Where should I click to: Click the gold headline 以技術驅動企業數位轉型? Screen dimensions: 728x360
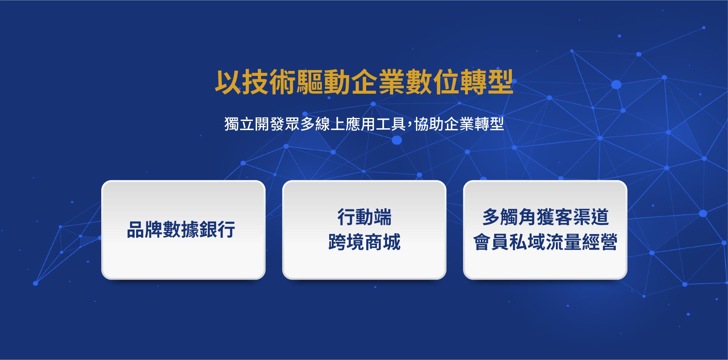364,82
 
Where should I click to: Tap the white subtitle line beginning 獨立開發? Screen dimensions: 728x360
364,124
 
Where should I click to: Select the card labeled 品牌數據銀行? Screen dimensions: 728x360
183,230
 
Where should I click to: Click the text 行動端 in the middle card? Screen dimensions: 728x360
364,217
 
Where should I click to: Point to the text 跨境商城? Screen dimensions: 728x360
364,242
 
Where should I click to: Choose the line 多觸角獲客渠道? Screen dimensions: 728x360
545,217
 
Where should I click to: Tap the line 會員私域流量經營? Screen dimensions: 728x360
545,242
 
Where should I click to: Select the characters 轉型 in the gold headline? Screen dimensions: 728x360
487,82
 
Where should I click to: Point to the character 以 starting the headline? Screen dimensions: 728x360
228,82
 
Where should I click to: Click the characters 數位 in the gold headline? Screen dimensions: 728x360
432,82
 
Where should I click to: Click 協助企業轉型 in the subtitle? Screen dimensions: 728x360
459,124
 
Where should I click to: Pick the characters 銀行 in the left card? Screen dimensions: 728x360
217,230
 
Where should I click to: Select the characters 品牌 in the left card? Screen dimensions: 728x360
145,230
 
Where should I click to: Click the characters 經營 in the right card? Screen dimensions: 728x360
600,242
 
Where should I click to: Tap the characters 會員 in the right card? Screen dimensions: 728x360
491,242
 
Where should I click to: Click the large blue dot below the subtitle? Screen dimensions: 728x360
397,140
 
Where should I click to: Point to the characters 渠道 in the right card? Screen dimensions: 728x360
591,217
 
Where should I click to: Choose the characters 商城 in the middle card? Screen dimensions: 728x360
383,242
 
